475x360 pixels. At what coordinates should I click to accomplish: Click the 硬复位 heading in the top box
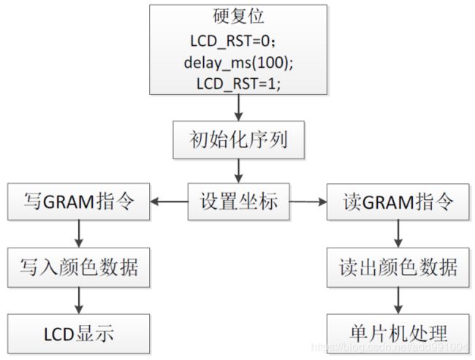(238, 16)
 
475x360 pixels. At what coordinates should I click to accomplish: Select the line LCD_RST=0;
(233, 41)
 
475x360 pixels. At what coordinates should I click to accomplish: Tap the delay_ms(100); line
(239, 63)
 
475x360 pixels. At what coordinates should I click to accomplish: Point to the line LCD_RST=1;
(239, 83)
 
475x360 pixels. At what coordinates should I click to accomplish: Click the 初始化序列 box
(239, 140)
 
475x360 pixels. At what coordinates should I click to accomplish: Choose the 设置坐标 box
(239, 202)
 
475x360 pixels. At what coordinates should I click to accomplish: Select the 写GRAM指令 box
(78, 202)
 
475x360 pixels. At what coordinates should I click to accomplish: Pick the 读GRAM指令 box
(398, 202)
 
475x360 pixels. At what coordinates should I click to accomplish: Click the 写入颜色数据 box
(78, 267)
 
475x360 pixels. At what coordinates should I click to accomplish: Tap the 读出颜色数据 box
(398, 267)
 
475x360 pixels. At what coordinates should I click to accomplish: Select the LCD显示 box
(78, 334)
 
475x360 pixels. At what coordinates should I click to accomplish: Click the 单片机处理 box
(398, 334)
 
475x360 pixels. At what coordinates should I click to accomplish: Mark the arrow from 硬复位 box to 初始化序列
(239, 108)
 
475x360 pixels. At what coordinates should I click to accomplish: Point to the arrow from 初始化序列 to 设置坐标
(239, 171)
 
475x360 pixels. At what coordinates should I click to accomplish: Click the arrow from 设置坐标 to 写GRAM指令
(169, 202)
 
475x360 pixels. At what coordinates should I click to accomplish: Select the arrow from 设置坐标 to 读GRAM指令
(308, 202)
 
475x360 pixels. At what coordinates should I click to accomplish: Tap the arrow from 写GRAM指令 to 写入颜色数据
(79, 234)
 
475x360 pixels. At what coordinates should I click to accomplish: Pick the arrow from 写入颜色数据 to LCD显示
(79, 300)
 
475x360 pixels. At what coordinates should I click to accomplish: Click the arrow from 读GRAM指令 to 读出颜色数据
(398, 234)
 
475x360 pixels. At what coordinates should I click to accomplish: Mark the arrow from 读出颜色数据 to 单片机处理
(398, 300)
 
